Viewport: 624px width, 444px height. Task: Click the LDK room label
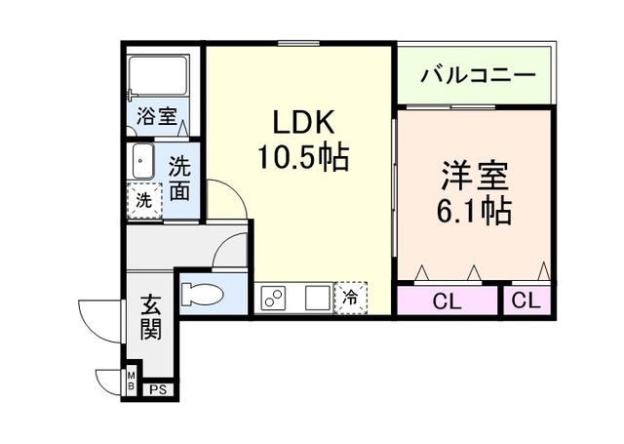303,122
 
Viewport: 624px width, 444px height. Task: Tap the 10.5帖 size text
303,157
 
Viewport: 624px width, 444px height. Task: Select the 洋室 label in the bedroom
475,176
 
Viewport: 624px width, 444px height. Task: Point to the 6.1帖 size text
474,211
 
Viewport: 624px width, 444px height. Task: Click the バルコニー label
478,75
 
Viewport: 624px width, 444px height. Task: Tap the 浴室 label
157,116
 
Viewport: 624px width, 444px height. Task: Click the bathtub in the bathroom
158,76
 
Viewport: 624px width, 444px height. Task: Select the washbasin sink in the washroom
142,161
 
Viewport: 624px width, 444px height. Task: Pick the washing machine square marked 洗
144,200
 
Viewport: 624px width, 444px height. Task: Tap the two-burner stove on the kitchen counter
273,298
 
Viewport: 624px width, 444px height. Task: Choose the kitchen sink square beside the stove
318,298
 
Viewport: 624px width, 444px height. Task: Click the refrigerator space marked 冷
350,298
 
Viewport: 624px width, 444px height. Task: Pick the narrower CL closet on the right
526,301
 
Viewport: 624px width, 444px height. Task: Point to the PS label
158,390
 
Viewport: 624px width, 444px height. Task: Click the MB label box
132,381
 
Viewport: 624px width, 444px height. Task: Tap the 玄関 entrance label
151,316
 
